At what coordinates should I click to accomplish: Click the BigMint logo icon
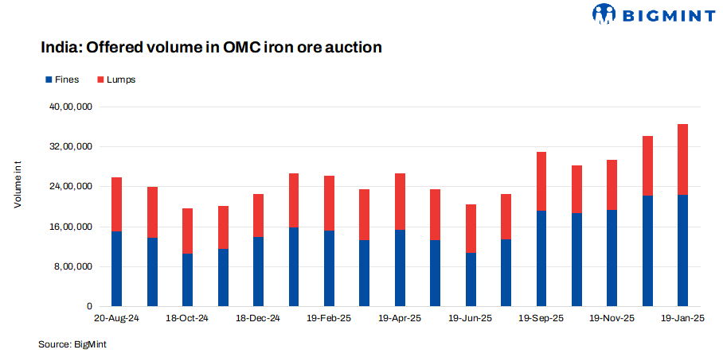click(x=605, y=14)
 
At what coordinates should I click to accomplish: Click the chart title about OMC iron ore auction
click(x=212, y=48)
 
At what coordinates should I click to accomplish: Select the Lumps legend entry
click(x=115, y=80)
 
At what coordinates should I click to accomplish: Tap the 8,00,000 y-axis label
click(x=75, y=266)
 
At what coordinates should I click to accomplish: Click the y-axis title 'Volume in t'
click(x=18, y=184)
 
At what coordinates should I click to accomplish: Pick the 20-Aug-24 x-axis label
click(x=117, y=319)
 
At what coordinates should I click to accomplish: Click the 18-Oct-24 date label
click(x=188, y=319)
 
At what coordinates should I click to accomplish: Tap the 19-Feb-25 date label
click(x=329, y=319)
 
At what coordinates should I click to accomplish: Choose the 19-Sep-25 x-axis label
click(x=541, y=319)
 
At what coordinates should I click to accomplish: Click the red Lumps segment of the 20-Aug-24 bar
click(x=117, y=204)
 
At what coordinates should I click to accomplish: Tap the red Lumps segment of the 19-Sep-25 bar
click(x=541, y=181)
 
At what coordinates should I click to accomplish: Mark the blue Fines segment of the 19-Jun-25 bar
click(x=471, y=279)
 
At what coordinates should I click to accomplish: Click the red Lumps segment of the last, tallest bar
click(x=682, y=159)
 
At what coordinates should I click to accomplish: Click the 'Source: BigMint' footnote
click(x=72, y=344)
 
